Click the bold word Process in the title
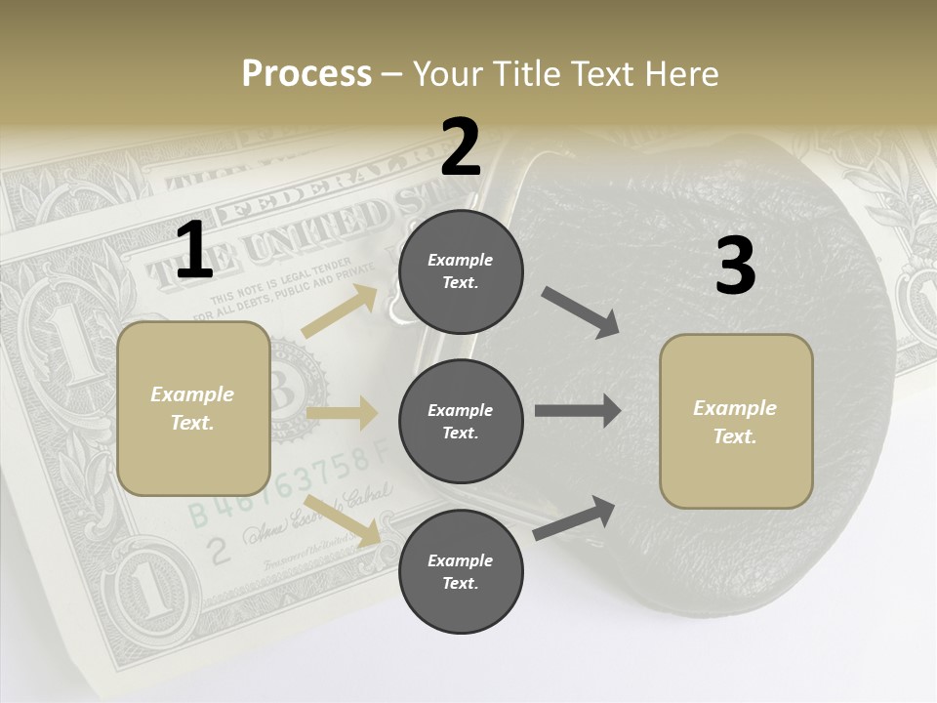306,73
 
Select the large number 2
461,147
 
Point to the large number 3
735,266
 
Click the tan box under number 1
193,408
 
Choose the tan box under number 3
736,422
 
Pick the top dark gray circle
461,271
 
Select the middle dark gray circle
461,422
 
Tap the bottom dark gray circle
461,572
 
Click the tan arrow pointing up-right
340,311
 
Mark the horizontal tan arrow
342,413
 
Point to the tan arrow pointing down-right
343,519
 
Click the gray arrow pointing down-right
580,312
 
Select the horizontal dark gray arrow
577,411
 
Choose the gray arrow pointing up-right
575,517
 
